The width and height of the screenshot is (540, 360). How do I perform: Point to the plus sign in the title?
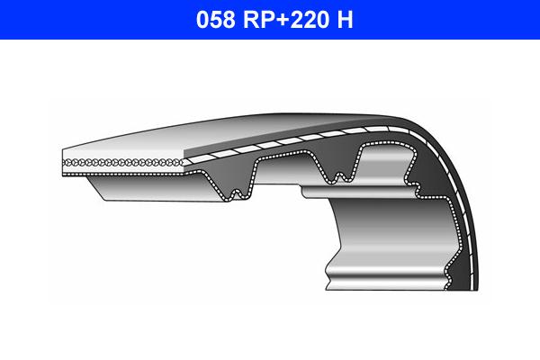click(279, 20)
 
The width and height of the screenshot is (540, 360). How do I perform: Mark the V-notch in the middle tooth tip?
click(340, 173)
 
